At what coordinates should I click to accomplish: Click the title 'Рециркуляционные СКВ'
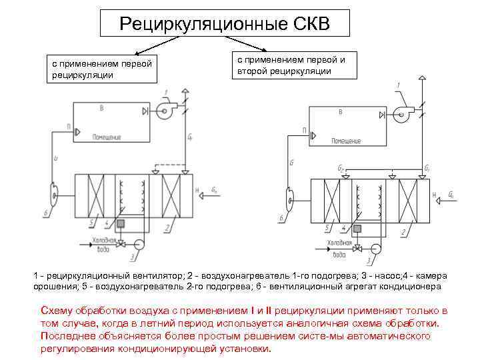tap(224, 25)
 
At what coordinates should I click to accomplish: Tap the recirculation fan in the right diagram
tap(402, 114)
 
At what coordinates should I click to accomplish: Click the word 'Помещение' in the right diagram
tap(346, 141)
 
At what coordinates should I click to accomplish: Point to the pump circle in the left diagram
tap(139, 244)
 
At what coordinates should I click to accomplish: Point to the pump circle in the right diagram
tap(375, 249)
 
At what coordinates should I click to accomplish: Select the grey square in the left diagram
tap(121, 224)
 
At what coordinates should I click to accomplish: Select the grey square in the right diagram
tap(357, 229)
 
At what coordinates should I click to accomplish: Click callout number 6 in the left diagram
tap(45, 213)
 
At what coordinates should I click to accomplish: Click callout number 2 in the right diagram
tap(403, 232)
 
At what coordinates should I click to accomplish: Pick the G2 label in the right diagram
tap(341, 169)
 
